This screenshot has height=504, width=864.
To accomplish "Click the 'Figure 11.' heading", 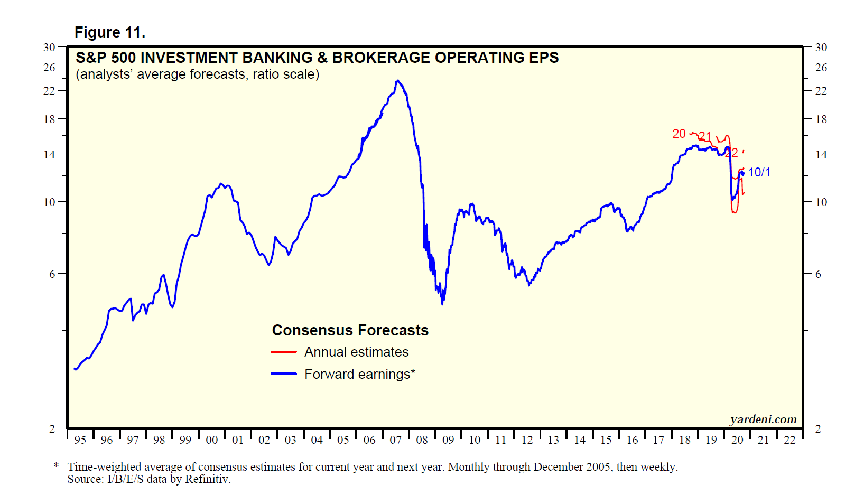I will point(109,33).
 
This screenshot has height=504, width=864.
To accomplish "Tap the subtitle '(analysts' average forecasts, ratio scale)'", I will point(197,74).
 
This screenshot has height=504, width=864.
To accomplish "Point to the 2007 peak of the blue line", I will point(398,81).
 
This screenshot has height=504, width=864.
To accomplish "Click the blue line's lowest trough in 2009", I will point(442,303).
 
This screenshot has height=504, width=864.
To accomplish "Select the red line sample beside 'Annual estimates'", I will point(284,352).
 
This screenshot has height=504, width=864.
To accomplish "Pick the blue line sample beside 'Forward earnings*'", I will point(284,374).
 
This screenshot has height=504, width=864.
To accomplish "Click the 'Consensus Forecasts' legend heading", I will point(350,330).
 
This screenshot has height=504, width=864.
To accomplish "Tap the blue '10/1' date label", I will point(759,172).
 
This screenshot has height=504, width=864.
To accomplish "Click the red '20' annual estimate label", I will point(679,134).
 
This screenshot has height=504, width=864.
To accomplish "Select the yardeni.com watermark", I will point(763,419).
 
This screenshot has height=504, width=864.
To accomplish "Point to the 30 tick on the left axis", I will point(49,48).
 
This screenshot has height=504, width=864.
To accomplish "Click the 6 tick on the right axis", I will point(818,274).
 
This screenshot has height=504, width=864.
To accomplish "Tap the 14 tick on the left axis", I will point(49,155).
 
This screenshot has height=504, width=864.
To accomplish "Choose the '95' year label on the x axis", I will point(80,440).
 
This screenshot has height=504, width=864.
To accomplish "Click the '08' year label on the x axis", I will point(422,440).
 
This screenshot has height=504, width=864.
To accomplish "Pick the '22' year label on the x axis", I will point(789,440).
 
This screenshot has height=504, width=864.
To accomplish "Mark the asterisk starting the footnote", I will point(56,466).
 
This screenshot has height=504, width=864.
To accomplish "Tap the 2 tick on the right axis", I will point(818,428).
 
